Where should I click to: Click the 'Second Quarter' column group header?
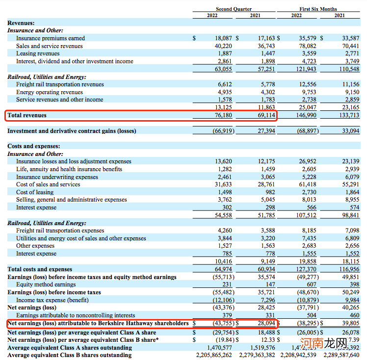pos(234,9)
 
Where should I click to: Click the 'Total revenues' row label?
pos(27,115)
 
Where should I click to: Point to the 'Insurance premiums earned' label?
pos(51,38)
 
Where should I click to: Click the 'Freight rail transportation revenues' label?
pos(60,84)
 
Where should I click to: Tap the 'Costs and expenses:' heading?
pos(34,146)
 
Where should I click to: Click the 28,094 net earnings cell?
pos(265,323)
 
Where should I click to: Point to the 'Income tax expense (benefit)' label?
pos(52,300)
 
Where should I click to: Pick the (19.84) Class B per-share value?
pos(223,340)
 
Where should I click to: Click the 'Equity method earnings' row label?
pos(46,284)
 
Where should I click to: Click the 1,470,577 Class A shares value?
pos(219,348)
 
